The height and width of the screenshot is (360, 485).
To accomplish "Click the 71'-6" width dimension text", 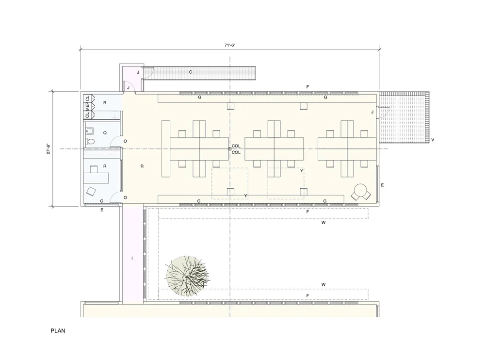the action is pos(230,45).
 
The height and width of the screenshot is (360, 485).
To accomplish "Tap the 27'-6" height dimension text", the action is pos(48,149).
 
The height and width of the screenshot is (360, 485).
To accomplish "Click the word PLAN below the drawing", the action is pos(58,330).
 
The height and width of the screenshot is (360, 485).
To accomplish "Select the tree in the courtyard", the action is pos(187,276).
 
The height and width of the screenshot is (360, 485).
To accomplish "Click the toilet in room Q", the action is pos(90,142).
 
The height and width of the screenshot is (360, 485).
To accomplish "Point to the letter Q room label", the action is pos(105,133).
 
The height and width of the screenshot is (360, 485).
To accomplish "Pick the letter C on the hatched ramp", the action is pos(191,72).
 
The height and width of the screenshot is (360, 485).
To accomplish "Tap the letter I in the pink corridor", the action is pos(132,258).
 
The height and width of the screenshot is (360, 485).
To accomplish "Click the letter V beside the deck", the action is pos(433,140).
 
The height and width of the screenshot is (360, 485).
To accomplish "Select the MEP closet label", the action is pos(87,106).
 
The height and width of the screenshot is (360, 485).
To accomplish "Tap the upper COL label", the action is pos(236,146).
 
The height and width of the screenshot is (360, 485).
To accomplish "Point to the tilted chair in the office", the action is pos(91,191).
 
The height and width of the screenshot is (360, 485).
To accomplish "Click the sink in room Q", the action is pos(90,131).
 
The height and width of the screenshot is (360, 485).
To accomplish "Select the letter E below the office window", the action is pos(102,210).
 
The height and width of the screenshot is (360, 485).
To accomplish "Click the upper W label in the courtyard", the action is pos(323,223).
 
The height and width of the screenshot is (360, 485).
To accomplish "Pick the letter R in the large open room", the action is pos(142,166).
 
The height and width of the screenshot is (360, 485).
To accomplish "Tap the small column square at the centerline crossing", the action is pos(230,149).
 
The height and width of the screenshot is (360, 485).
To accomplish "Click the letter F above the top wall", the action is pos(307,87).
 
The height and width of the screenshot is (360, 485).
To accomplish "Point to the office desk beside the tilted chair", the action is pos(96,178).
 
